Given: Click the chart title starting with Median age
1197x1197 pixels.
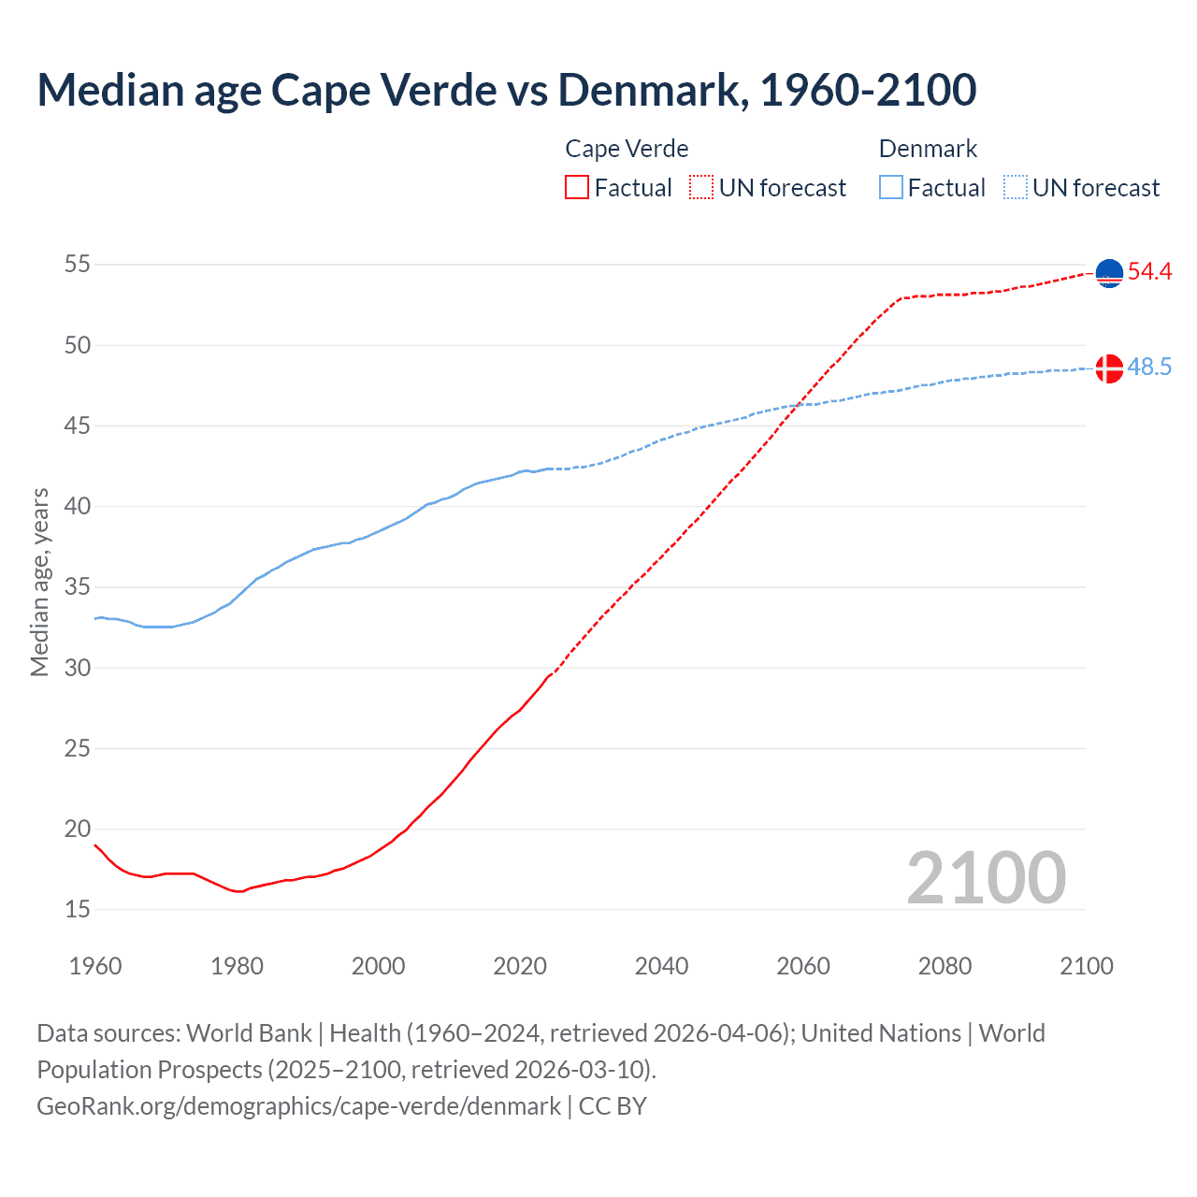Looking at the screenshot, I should [506, 90].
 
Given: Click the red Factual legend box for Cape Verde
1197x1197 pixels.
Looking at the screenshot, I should [577, 187].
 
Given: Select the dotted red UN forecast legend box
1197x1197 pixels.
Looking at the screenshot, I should [701, 187].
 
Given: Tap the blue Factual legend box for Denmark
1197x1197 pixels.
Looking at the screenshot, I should [891, 187].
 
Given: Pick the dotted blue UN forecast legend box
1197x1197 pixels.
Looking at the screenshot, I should [1016, 187].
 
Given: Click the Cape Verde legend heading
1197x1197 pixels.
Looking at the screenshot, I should [627, 149].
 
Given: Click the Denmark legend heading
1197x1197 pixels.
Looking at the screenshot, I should [928, 149].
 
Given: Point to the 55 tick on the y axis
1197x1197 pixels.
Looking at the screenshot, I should [78, 265].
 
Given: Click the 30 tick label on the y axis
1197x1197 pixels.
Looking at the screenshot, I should [78, 668].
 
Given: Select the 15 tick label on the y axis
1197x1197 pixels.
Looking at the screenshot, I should [78, 909].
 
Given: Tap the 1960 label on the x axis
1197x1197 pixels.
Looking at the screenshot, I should [95, 966].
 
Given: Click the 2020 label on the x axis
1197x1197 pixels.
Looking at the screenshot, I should [520, 966].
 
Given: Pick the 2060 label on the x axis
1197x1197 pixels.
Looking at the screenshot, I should [803, 966].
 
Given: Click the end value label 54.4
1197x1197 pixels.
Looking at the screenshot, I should [1149, 272].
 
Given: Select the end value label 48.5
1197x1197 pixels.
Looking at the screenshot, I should [1149, 368].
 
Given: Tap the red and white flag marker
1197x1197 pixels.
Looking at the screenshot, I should [1109, 368].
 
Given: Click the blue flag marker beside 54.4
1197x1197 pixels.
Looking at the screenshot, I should [1109, 273].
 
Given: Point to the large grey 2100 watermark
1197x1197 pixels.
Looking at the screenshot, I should [986, 878].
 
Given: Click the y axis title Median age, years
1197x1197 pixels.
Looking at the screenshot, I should [39, 582].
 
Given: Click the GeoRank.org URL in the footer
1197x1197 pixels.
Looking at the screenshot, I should [298, 1105].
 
